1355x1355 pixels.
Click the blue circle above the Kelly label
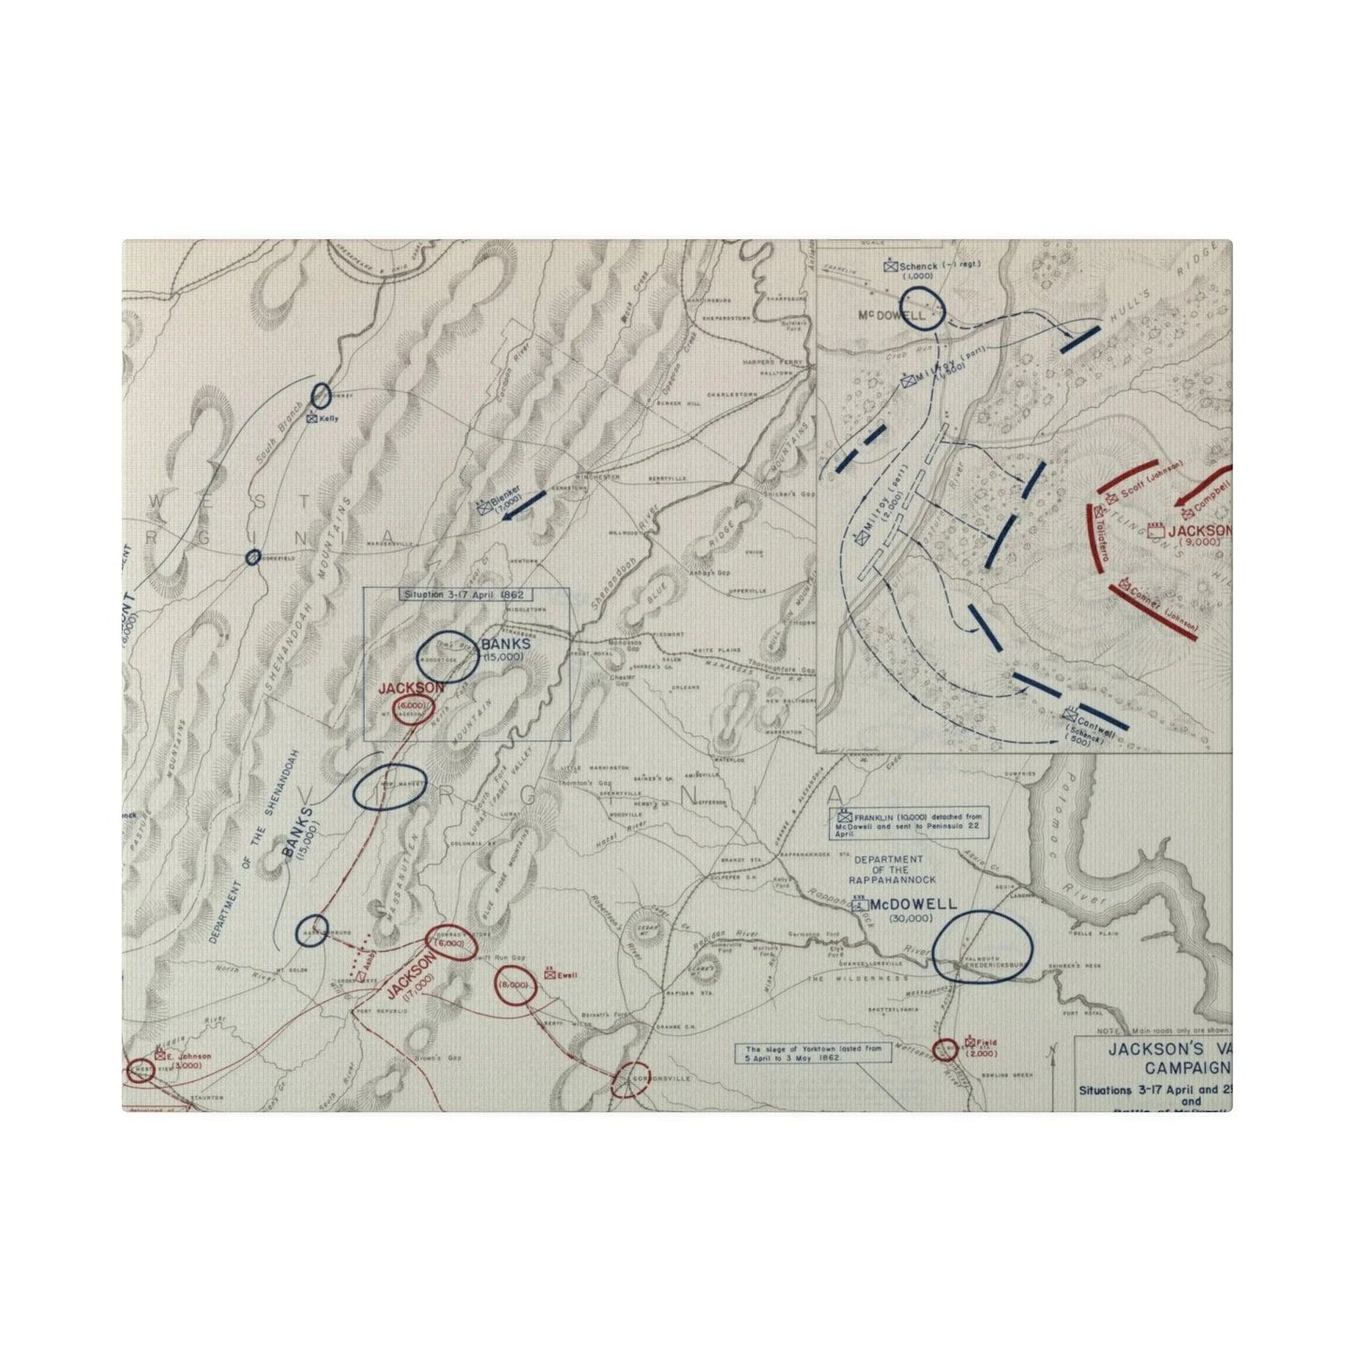pos(321,396)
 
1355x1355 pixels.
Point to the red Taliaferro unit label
pos(1103,536)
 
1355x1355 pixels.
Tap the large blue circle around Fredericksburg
pos(982,946)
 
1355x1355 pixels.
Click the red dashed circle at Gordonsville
pos(630,1079)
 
